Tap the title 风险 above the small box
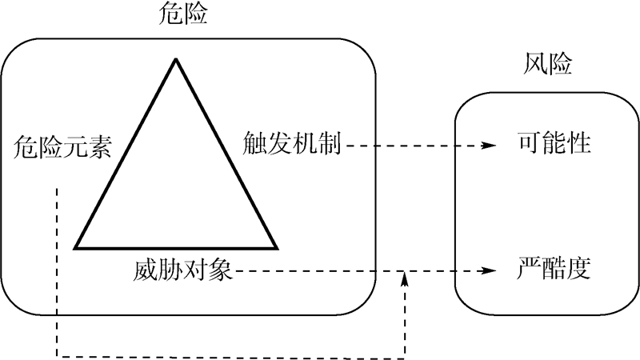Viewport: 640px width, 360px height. click(549, 65)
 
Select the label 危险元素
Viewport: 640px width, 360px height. click(63, 148)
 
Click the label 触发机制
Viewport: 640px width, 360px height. click(294, 146)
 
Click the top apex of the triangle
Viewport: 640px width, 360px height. click(174, 60)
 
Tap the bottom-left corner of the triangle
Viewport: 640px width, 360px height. click(76, 248)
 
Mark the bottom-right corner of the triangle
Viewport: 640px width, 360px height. click(276, 248)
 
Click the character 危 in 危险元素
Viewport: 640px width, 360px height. click(26, 148)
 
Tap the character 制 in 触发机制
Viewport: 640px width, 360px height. click(330, 146)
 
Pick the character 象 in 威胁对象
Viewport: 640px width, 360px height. click(220, 270)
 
